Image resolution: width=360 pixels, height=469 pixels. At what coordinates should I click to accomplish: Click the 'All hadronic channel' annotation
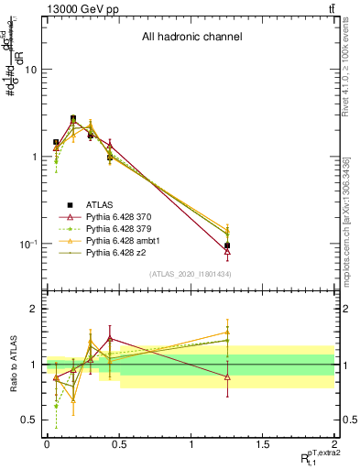tap(191, 38)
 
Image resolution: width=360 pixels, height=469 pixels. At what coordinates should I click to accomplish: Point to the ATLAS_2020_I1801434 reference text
tap(191, 274)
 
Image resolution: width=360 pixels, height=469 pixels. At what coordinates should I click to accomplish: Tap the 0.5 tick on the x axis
tap(118, 444)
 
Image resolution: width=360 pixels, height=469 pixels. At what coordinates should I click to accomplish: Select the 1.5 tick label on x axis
tap(263, 444)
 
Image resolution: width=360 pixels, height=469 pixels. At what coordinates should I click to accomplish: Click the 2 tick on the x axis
tap(334, 444)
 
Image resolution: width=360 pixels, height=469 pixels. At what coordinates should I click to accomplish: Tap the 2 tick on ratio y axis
tap(34, 310)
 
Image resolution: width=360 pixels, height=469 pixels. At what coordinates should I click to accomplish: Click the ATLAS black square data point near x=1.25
tap(227, 245)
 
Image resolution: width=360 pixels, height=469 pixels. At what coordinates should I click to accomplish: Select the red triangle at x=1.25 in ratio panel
tap(227, 376)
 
